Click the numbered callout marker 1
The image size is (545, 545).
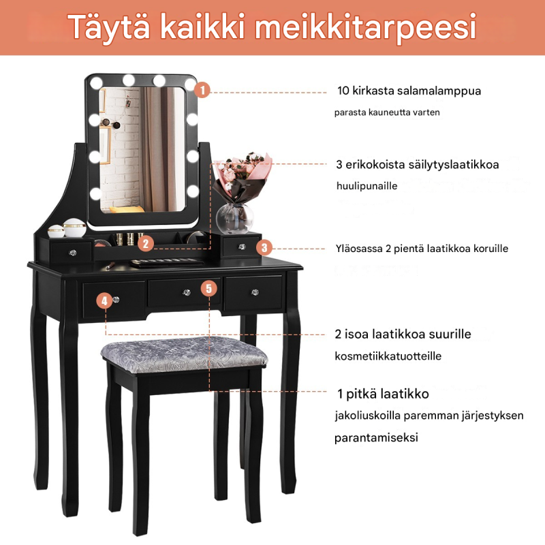203,90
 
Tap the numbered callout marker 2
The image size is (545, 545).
144,243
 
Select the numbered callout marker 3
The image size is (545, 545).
266,248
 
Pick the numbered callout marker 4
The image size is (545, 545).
104,300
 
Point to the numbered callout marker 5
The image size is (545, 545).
210,287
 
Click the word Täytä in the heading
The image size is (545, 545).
111,27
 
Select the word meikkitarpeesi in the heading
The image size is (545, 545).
364,29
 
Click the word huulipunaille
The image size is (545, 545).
367,185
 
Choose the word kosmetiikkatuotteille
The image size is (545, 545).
388,356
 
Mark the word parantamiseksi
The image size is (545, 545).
376,437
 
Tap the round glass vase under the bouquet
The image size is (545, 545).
233,219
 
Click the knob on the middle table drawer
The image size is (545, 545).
185,292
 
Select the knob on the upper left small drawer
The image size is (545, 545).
70,253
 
